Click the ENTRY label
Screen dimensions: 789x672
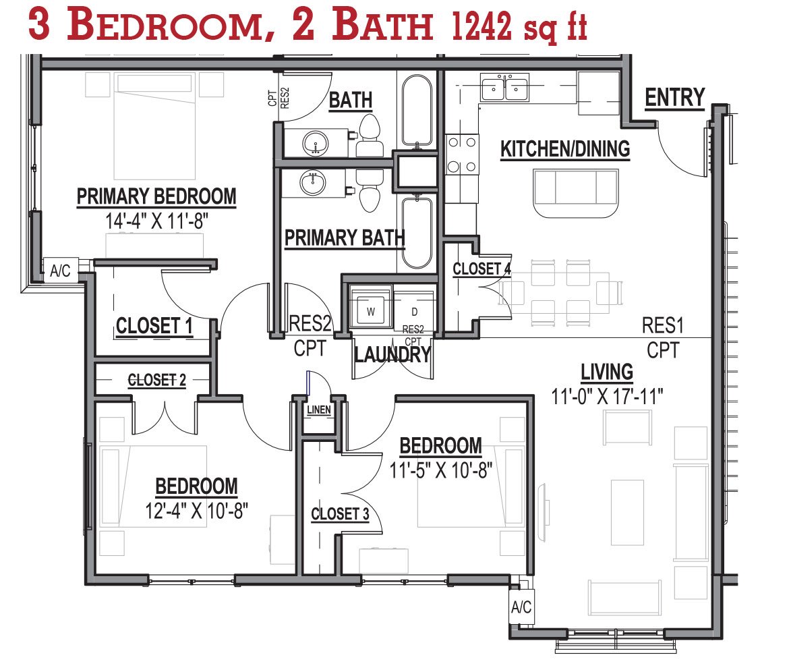(x=675, y=98)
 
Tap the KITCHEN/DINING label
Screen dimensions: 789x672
(x=565, y=149)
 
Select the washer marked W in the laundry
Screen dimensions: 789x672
(x=371, y=308)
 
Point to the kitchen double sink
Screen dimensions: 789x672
(x=504, y=87)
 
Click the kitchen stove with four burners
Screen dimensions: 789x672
(x=462, y=154)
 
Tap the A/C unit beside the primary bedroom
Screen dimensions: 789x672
(x=61, y=271)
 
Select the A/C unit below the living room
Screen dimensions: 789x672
(x=521, y=607)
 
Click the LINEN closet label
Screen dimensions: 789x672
(x=319, y=410)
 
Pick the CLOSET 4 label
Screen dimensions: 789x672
(x=481, y=269)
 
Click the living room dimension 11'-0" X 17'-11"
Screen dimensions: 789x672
(x=607, y=397)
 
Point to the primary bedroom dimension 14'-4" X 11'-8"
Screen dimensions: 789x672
(x=156, y=221)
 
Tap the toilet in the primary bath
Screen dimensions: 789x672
(x=370, y=191)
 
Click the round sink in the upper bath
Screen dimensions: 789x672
(x=316, y=143)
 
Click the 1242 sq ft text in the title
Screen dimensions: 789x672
(x=519, y=26)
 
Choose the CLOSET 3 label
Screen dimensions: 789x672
(x=340, y=514)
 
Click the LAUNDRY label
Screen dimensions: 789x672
(x=392, y=354)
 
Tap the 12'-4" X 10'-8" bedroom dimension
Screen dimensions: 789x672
(x=196, y=511)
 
